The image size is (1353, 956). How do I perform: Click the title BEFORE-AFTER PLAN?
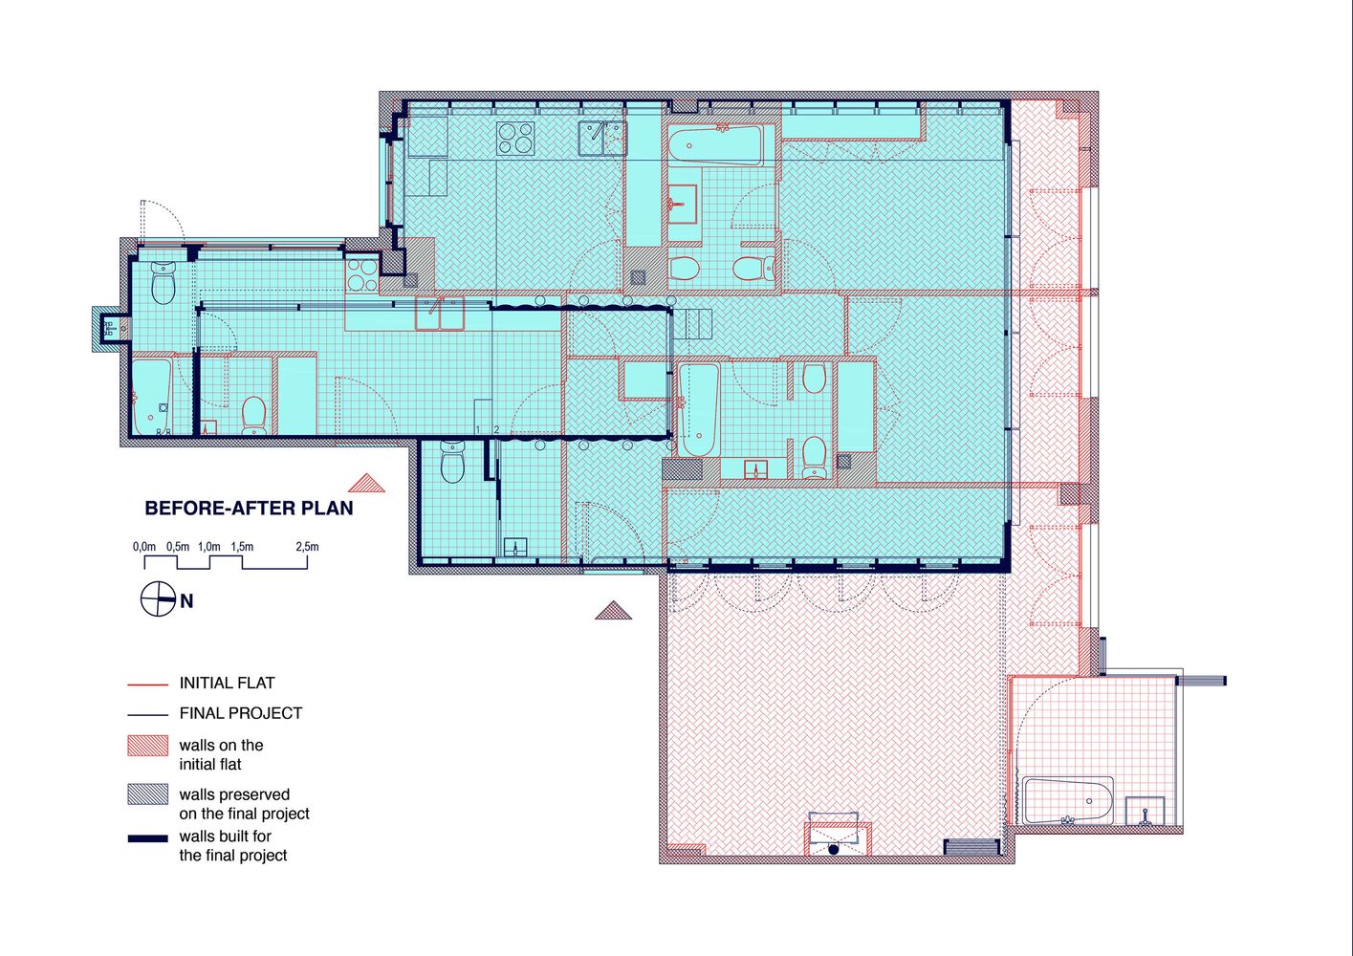[249, 508]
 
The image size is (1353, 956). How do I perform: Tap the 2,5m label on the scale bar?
[307, 547]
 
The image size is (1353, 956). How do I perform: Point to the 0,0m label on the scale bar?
[144, 547]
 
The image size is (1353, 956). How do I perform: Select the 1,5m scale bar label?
[242, 547]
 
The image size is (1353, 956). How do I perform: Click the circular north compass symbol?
[159, 599]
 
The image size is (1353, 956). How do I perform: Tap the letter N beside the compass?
[186, 601]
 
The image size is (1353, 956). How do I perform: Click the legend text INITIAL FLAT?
[228, 683]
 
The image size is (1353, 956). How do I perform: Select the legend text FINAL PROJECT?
[240, 713]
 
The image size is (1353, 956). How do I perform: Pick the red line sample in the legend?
[148, 684]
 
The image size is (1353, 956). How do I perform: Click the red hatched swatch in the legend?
[148, 746]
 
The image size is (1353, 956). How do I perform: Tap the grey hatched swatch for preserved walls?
[148, 794]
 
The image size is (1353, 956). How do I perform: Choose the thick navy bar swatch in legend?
[148, 838]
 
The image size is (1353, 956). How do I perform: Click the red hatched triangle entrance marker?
[366, 483]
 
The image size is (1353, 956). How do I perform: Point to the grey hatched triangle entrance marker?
[613, 610]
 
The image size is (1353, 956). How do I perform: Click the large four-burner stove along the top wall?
[515, 138]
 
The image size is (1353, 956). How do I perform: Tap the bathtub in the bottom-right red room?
[1068, 800]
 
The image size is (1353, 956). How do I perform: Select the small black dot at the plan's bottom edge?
[834, 850]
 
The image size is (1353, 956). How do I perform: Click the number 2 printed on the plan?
[496, 429]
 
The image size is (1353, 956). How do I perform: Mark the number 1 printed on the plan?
[478, 429]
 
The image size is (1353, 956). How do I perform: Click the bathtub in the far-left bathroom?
[152, 397]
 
